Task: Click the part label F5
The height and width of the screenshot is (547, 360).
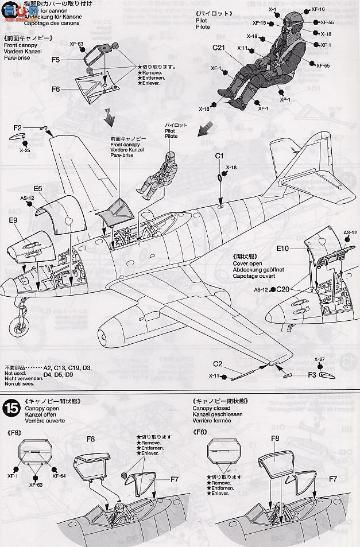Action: click(x=56, y=60)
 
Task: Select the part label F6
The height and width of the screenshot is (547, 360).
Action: click(x=56, y=89)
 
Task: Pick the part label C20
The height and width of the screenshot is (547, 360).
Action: click(x=283, y=290)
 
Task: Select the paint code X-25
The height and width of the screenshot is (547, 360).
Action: click(x=24, y=150)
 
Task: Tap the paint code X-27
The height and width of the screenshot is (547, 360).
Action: click(x=320, y=360)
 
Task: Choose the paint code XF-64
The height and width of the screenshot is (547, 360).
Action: click(x=59, y=476)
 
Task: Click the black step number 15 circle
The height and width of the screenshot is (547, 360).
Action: click(x=11, y=408)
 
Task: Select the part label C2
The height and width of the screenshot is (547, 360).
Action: click(x=218, y=364)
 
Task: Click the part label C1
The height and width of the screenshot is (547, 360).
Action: click(x=219, y=156)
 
